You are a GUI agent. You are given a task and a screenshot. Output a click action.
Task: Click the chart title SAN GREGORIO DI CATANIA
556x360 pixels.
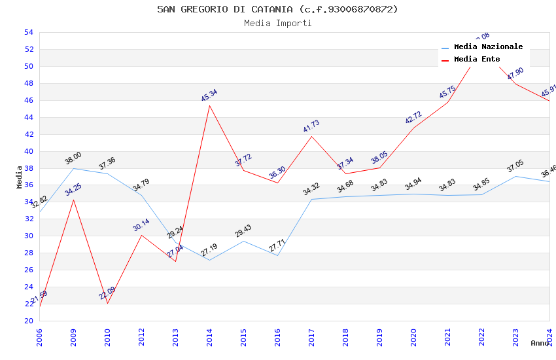pyautogui.click(x=277, y=9)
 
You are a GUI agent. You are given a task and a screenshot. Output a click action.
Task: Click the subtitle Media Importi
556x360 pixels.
pyautogui.click(x=277, y=24)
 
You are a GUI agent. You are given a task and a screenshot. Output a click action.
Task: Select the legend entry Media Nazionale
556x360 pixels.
pyautogui.click(x=488, y=47)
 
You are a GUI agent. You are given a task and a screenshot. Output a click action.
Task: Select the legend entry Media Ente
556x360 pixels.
pyautogui.click(x=477, y=60)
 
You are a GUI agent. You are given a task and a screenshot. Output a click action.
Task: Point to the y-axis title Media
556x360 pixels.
pyautogui.click(x=20, y=177)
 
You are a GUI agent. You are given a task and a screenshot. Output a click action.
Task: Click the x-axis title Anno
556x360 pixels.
pyautogui.click(x=540, y=343)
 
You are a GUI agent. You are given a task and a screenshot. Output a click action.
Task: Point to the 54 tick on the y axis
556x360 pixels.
pyautogui.click(x=29, y=32)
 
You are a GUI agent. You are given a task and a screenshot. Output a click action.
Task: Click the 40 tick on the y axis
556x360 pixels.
pyautogui.click(x=29, y=151)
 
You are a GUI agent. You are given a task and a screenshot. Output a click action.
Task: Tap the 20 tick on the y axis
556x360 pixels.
pyautogui.click(x=29, y=321)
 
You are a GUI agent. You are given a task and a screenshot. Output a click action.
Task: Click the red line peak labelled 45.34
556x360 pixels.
pyautogui.click(x=209, y=105)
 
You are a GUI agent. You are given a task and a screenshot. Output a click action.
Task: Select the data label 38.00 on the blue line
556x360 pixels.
pyautogui.click(x=73, y=158)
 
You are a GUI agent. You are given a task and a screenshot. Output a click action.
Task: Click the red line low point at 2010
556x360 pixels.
pyautogui.click(x=107, y=303)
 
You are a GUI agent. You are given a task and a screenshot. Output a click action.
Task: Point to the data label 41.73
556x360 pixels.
pyautogui.click(x=311, y=126)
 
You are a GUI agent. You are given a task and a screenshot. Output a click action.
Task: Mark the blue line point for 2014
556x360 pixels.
pyautogui.click(x=209, y=260)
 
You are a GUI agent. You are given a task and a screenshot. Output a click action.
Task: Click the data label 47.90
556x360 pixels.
pyautogui.click(x=515, y=74)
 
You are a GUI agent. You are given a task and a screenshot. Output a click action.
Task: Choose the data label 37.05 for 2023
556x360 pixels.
pyautogui.click(x=515, y=167)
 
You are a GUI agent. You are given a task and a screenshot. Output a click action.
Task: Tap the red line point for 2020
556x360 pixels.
pyautogui.click(x=413, y=128)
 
